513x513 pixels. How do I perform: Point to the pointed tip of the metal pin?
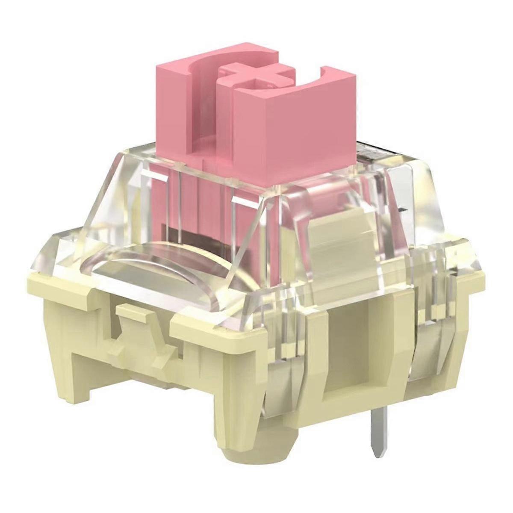coord(375,453)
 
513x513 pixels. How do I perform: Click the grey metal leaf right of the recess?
coord(427,355)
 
